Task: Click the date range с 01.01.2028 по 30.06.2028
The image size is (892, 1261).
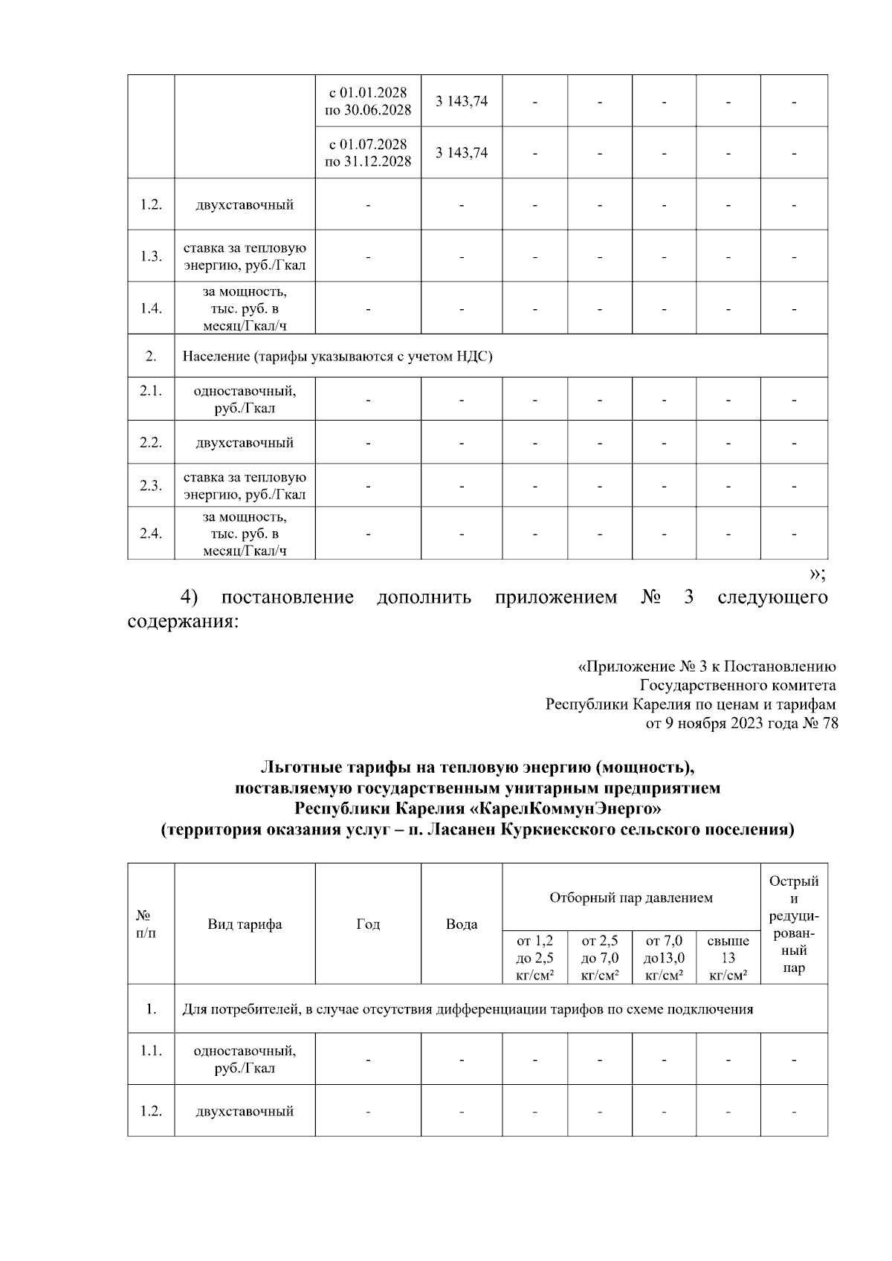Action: (368, 101)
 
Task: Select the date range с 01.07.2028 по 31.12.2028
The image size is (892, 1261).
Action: (368, 152)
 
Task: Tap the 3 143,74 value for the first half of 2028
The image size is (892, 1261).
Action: (462, 101)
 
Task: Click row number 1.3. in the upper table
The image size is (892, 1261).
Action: (151, 256)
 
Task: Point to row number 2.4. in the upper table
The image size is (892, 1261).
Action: (151, 533)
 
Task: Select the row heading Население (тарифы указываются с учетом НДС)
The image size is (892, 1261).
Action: (337, 357)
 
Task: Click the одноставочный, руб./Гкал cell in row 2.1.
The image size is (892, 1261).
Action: (245, 400)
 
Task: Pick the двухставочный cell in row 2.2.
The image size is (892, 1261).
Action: (245, 443)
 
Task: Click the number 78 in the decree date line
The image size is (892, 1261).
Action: (830, 723)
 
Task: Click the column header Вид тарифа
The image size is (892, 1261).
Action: (245, 924)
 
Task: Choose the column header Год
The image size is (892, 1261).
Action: (368, 924)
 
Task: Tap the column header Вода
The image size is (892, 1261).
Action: (462, 924)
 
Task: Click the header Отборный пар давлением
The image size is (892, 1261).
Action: (631, 898)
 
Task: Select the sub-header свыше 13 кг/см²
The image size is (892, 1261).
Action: (728, 959)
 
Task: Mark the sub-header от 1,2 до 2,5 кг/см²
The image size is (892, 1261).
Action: (534, 959)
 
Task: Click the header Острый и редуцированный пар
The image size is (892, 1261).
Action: (794, 924)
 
